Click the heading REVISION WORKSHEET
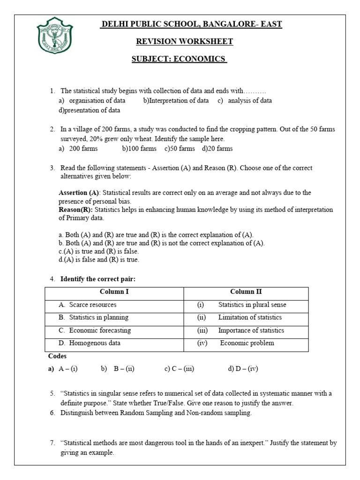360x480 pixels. tap(184, 42)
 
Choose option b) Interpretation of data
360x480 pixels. tap(176, 100)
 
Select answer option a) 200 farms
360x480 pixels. tap(78, 149)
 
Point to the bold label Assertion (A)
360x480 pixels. tap(79, 193)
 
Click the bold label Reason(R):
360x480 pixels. tap(75, 210)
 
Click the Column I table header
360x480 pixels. tap(114, 292)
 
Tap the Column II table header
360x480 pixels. tap(246, 292)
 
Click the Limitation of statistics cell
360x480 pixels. tap(250, 317)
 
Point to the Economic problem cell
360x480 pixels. tap(247, 343)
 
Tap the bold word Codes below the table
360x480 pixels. tap(58, 356)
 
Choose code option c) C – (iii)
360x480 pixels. tap(179, 369)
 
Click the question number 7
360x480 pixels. tap(52, 442)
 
